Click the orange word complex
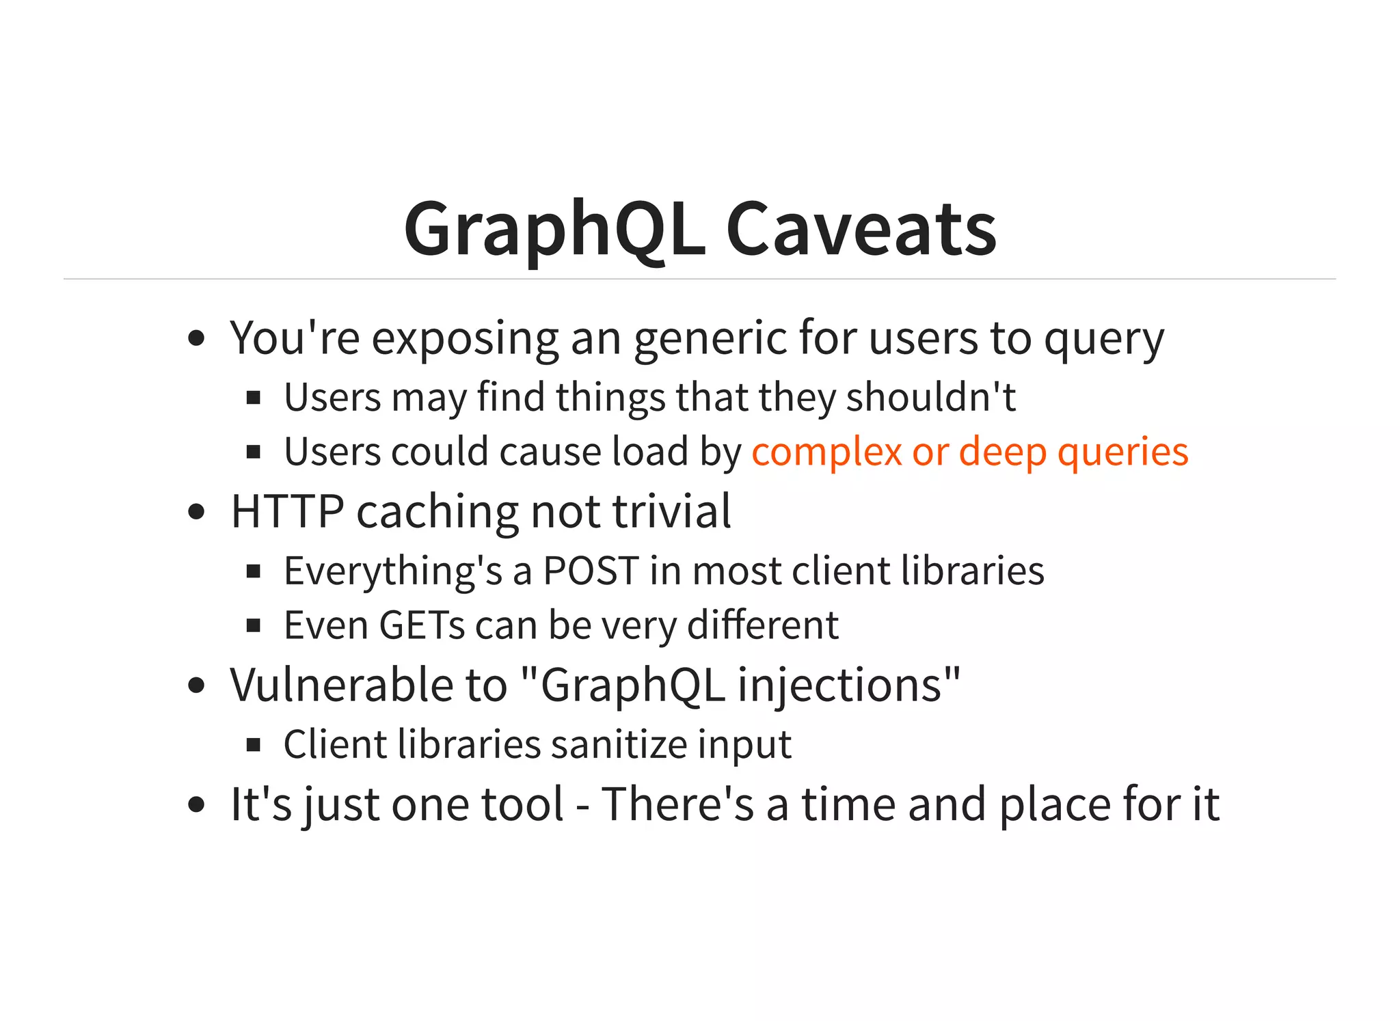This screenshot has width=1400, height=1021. pyautogui.click(x=826, y=452)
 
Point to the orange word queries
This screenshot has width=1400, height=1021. pyautogui.click(x=1122, y=452)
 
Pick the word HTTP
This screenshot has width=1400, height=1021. pyautogui.click(x=287, y=511)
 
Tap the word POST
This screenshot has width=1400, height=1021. pyautogui.click(x=591, y=571)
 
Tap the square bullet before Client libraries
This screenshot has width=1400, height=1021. pyautogui.click(x=254, y=745)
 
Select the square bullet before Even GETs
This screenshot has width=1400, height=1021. pyautogui.click(x=254, y=625)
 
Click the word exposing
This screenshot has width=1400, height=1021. pyautogui.click(x=465, y=338)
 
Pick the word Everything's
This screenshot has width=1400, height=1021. pyautogui.click(x=393, y=571)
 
